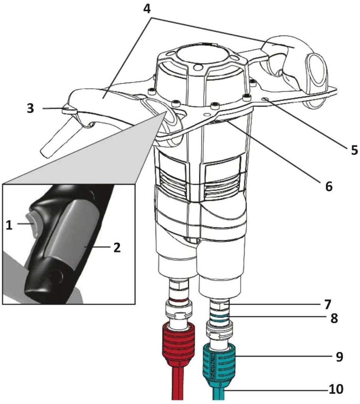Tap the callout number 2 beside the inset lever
(117, 248)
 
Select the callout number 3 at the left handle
(30, 109)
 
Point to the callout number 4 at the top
(147, 8)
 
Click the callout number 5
(354, 150)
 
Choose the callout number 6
(329, 187)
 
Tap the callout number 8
(334, 318)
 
